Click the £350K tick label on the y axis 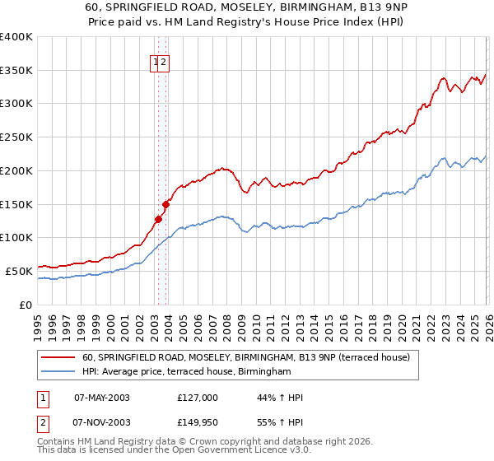16,71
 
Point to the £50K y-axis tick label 19,271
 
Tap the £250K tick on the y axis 16,137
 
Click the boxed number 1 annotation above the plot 155,62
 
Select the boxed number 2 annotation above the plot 163,62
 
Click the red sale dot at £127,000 158,219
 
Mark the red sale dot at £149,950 165,204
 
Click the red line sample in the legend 58,358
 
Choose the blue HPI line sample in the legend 58,372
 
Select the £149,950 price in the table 198,422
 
